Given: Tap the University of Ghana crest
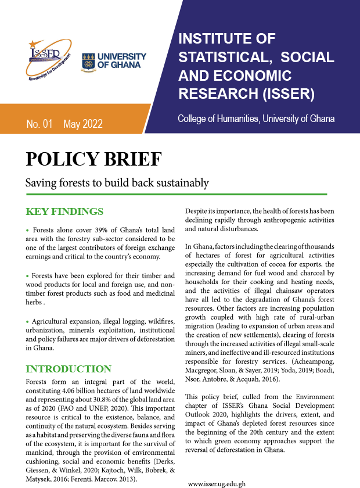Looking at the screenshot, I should click(89, 60).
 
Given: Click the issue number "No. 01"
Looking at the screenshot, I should click(39, 124).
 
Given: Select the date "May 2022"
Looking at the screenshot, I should click(83, 124).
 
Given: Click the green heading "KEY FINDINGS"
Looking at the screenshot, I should click(65, 211).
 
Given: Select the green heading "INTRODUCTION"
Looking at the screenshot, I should click(69, 369).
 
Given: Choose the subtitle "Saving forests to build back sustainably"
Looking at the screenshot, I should click(117, 183).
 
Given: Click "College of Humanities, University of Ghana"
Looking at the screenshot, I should click(256, 119).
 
